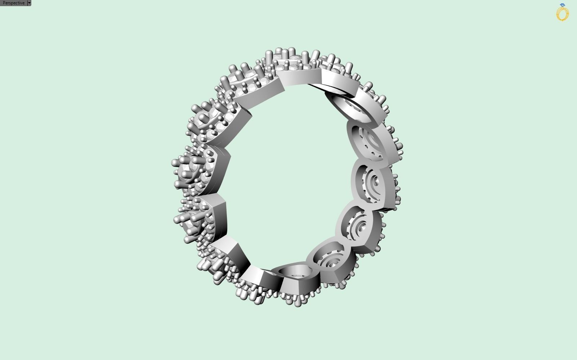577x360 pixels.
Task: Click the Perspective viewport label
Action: [13, 3]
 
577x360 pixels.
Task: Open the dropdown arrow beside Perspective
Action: [29, 3]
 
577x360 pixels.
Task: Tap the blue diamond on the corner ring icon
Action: [562, 5]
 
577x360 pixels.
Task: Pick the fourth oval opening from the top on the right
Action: [357, 223]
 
